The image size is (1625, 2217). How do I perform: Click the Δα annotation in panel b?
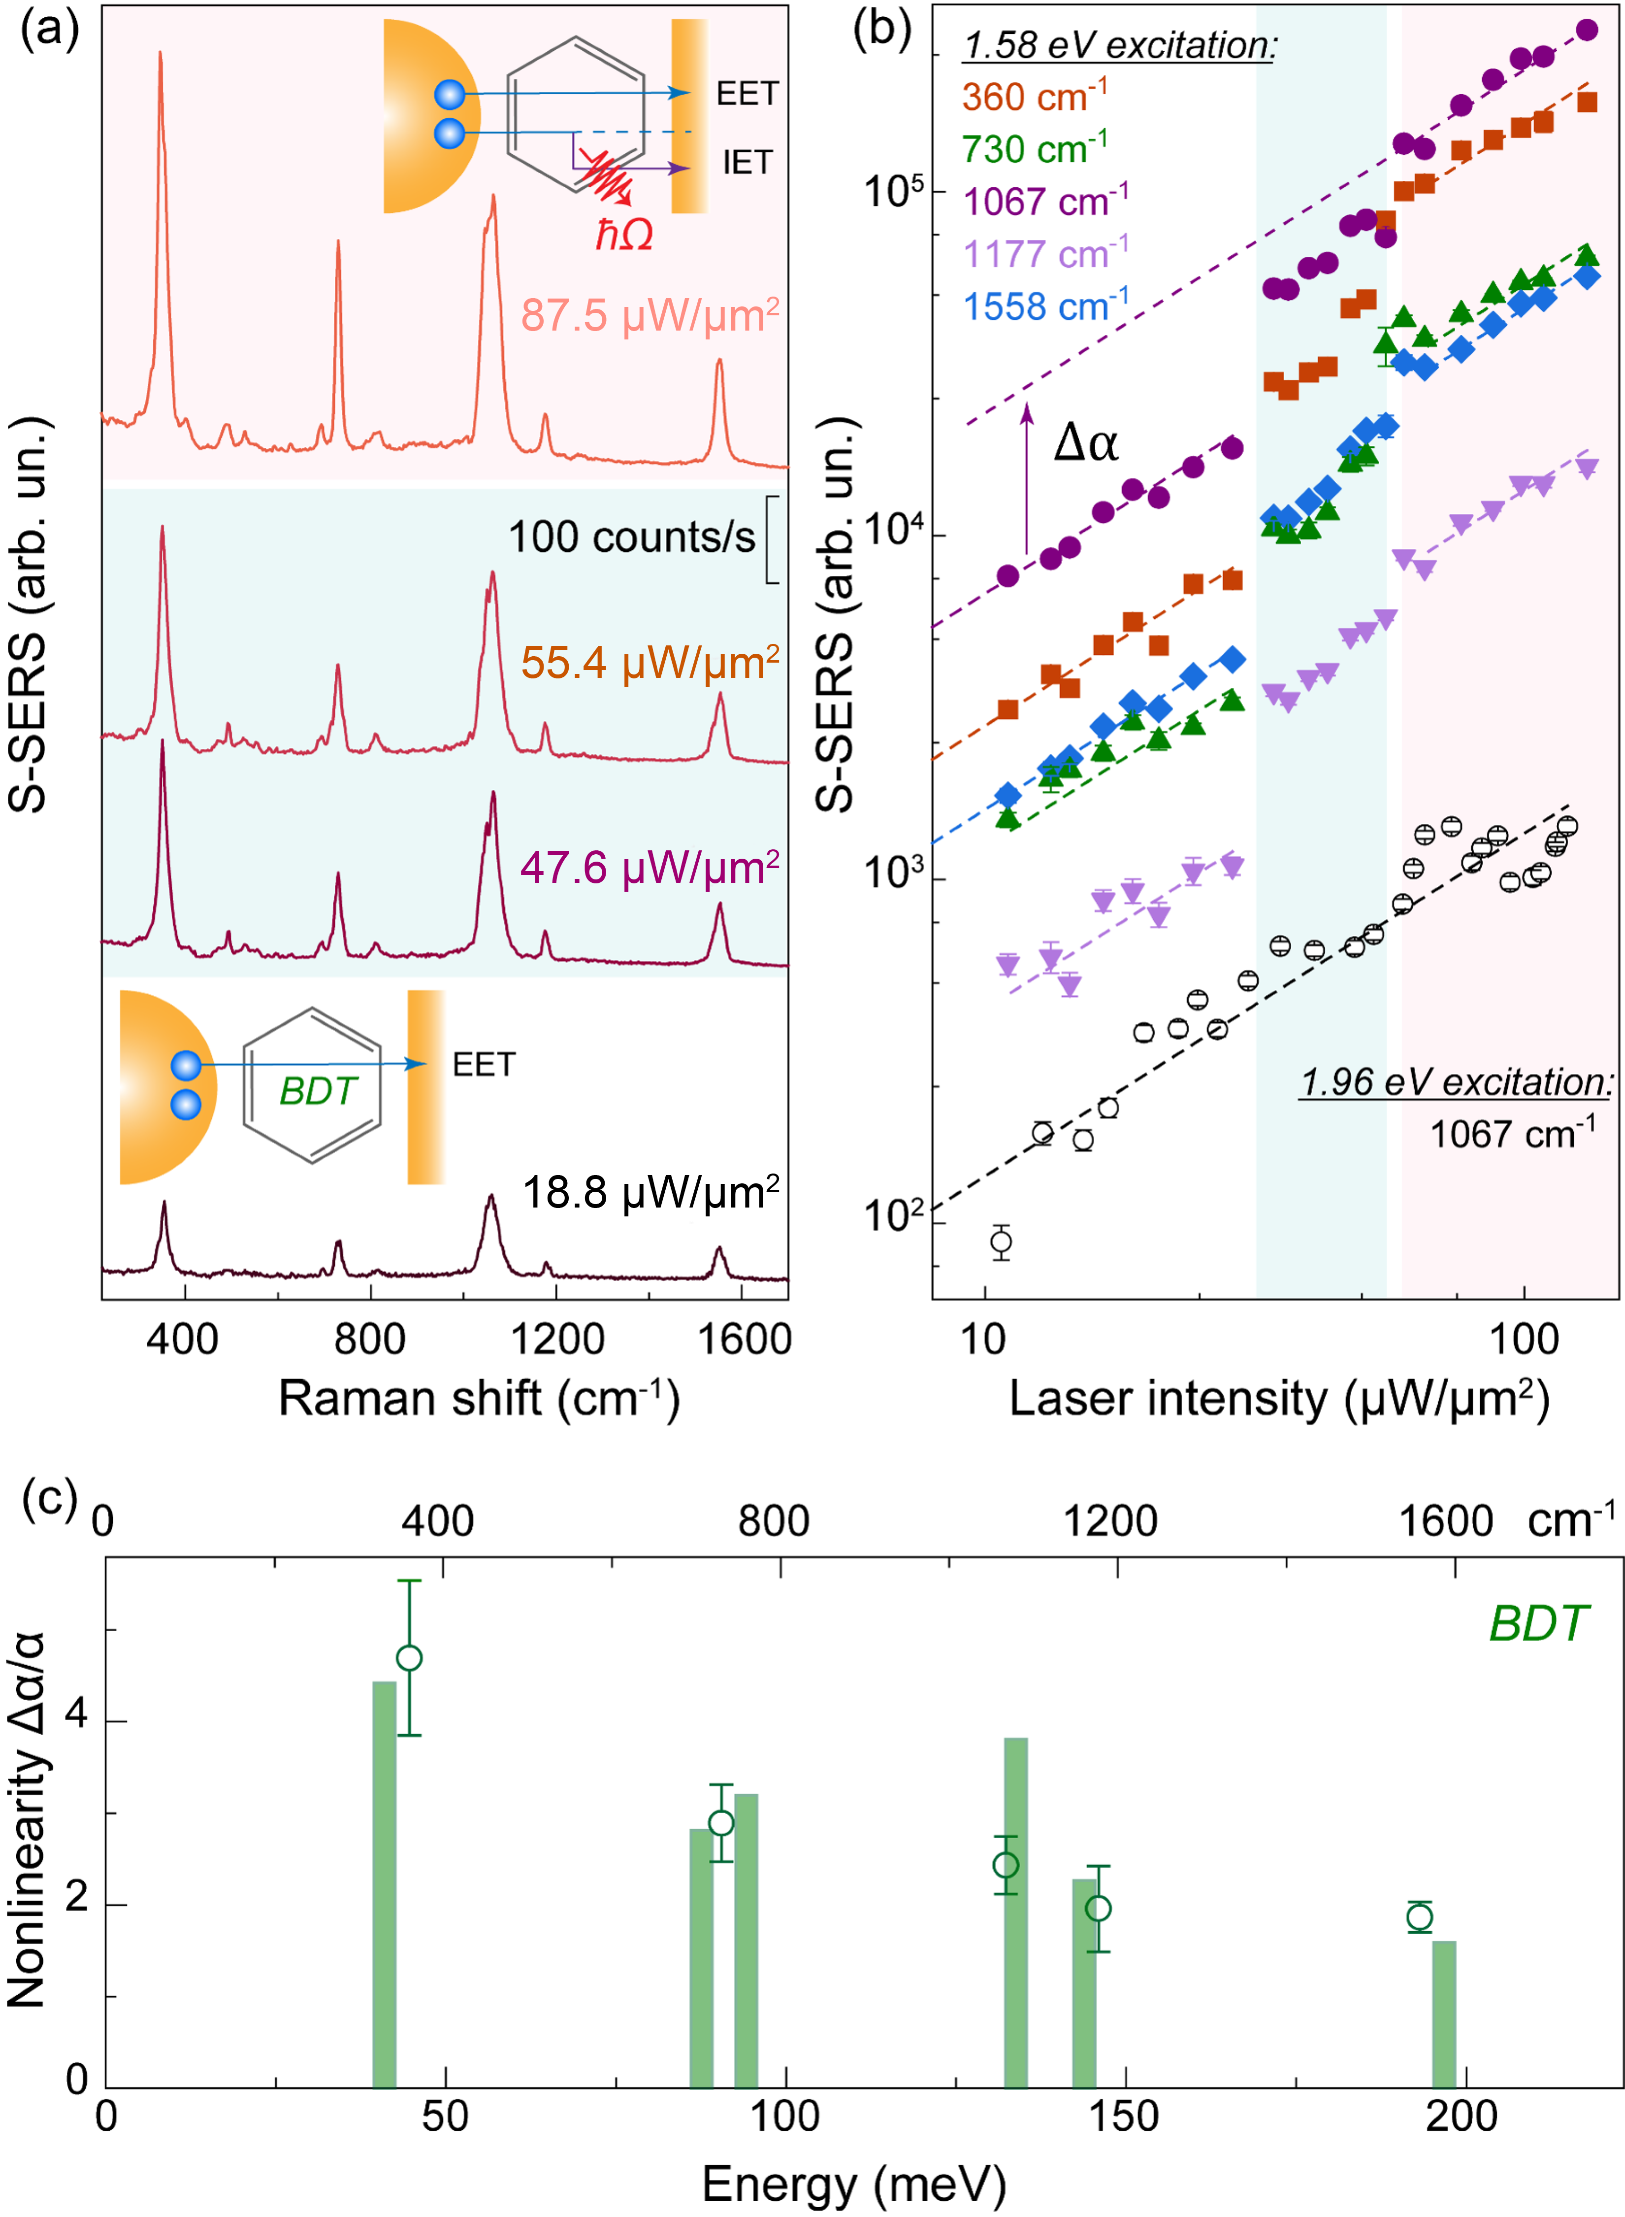1085,443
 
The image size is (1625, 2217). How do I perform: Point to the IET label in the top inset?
747,163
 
